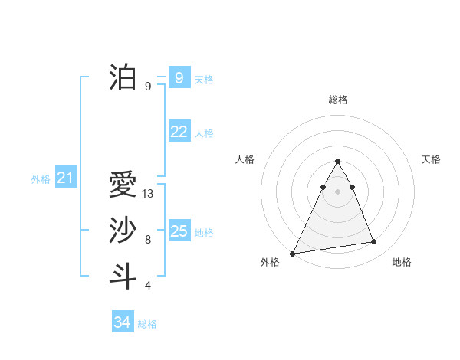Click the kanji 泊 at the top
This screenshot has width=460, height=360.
coord(123,77)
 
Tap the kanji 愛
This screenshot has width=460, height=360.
coord(123,185)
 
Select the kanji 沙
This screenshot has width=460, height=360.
coord(123,231)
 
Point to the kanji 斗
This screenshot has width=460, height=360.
coord(123,277)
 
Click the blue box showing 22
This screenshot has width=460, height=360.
coord(179,132)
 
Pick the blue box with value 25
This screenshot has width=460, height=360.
coord(179,231)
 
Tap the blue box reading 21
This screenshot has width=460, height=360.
coord(65,178)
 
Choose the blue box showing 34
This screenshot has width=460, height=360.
coord(122,322)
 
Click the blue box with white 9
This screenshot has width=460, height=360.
coord(179,77)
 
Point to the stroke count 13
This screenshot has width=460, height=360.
coord(148,194)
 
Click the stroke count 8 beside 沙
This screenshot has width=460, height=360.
coord(148,240)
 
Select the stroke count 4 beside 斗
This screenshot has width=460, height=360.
coord(148,286)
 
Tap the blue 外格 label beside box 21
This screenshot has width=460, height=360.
coord(41,179)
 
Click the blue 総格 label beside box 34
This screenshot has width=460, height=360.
coord(147,324)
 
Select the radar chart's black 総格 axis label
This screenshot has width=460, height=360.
coord(337,100)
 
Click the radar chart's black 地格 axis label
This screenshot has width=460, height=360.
coord(402,263)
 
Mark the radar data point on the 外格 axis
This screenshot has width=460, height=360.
coord(292,254)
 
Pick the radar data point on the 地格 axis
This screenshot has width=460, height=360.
coord(374,242)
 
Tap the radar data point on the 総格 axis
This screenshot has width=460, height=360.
coord(337,162)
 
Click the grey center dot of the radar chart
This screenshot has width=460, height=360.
coord(337,191)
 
